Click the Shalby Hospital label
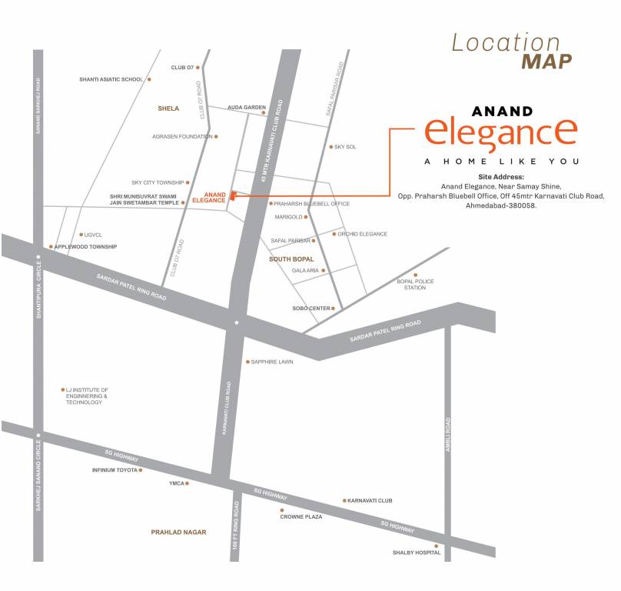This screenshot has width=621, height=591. point(417,553)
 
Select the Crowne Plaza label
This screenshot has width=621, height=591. point(301,517)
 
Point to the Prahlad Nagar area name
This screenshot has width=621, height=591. point(178,532)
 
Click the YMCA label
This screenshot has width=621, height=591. point(176,484)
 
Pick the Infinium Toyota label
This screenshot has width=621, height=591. point(115,469)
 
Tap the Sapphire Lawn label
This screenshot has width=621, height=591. point(272,362)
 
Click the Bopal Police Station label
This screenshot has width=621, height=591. point(416,285)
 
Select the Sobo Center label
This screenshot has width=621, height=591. point(311,309)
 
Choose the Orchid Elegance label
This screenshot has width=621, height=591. point(362,234)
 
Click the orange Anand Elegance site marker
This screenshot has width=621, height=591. point(231,197)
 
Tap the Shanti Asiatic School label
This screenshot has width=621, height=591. point(111,79)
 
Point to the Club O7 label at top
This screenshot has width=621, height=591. point(182,68)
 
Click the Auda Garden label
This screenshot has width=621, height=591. point(247,108)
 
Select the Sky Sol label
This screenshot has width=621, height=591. point(345,147)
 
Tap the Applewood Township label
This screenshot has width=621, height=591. point(85,247)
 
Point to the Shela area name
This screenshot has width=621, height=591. point(168,109)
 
